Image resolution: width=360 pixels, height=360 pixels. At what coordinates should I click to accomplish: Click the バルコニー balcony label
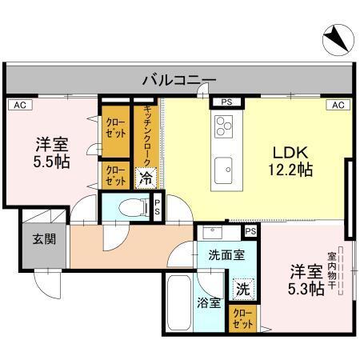tap(179, 79)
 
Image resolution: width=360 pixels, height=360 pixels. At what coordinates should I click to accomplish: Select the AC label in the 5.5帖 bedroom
tap(17, 104)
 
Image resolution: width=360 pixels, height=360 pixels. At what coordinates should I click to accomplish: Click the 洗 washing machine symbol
tap(241, 288)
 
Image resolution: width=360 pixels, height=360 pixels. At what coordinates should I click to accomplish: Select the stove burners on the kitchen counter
tap(224, 126)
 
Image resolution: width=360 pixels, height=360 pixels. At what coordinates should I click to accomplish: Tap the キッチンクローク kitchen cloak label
tap(147, 136)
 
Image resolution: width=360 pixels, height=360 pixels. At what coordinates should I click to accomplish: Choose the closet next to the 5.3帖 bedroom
tap(241, 319)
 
